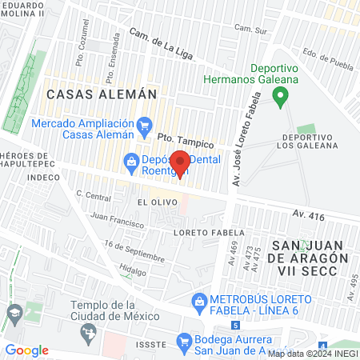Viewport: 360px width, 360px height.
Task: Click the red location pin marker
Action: pyautogui.click(x=180, y=162)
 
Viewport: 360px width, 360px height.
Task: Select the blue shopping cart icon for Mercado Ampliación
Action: pyautogui.click(x=145, y=124)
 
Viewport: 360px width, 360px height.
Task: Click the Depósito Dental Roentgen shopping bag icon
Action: pyautogui.click(x=130, y=163)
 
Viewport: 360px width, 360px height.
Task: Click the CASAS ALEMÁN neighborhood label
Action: pyautogui.click(x=101, y=94)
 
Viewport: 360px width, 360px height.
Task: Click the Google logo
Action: pyautogui.click(x=27, y=350)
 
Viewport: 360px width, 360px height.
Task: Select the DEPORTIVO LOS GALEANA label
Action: pyautogui.click(x=306, y=141)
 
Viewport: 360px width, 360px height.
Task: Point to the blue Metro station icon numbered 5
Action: pyautogui.click(x=235, y=325)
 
